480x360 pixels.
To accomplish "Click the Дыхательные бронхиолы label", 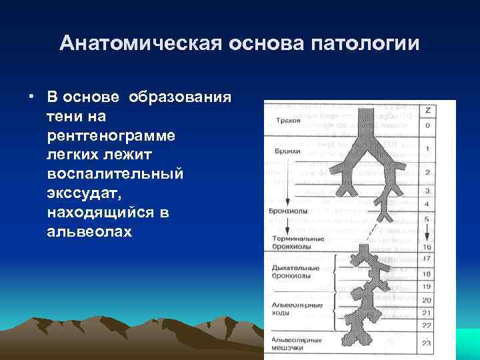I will (x=295, y=271).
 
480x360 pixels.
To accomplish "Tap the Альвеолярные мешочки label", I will (x=298, y=343).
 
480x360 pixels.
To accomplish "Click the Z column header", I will (x=427, y=109).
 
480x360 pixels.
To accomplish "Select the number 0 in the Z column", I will (x=427, y=125).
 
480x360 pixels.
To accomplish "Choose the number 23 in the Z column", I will (x=427, y=343).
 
